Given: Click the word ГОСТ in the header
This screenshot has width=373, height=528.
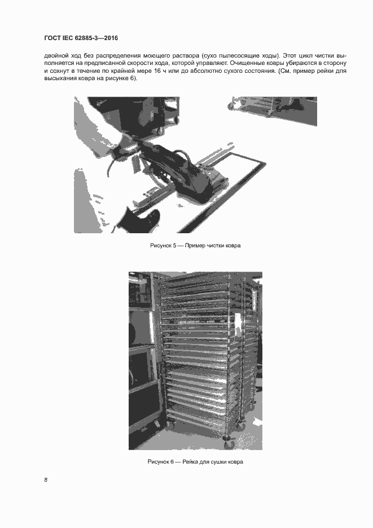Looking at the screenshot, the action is pyautogui.click(x=52, y=38).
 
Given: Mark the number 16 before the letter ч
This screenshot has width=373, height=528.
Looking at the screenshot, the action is pyautogui.click(x=157, y=71).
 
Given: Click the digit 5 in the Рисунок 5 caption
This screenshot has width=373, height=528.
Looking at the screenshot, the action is pyautogui.click(x=174, y=246).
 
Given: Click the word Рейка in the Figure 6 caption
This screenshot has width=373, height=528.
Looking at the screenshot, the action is pyautogui.click(x=190, y=462).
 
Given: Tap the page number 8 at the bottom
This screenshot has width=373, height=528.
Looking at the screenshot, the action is pyautogui.click(x=46, y=480).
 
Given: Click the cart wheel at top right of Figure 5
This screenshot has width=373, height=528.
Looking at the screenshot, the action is pyautogui.click(x=231, y=106).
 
